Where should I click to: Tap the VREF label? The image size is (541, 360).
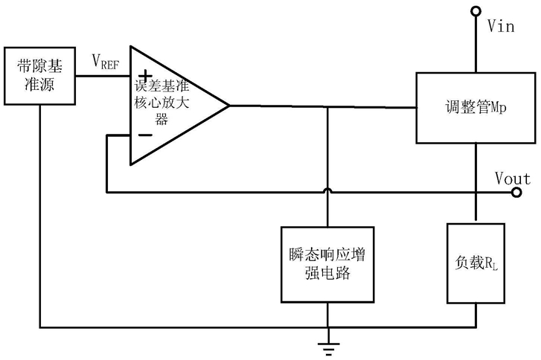coord(106,62)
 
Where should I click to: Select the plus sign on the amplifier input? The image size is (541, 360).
coord(145,75)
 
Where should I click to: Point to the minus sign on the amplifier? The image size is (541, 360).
coord(145,135)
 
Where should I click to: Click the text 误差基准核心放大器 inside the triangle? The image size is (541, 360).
coord(161,102)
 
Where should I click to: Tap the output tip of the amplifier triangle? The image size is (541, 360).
coord(229,106)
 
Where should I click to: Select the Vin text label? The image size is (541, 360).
coord(501,26)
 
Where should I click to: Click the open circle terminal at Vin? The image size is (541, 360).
coord(476,11)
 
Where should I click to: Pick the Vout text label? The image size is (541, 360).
coord(513,179)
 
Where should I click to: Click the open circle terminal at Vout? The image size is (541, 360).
coord(516,193)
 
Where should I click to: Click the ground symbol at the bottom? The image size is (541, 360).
coord(328,348)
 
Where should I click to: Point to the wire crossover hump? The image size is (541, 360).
coord(327,190)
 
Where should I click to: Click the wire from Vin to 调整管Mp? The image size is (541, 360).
coord(476,44)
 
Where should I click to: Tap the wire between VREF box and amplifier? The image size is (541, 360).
coord(103,76)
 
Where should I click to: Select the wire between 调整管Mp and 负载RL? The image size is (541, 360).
coord(476,181)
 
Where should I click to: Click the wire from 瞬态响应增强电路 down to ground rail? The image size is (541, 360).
coord(327,315)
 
